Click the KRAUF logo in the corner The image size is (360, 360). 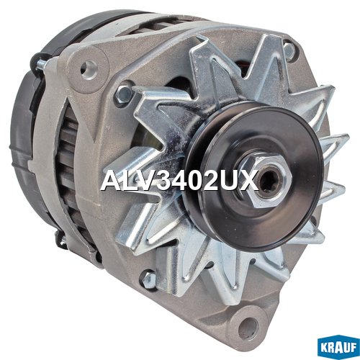click(x=338, y=348)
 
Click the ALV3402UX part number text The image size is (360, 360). click(x=179, y=180)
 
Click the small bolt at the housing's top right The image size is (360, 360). click(x=289, y=51)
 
